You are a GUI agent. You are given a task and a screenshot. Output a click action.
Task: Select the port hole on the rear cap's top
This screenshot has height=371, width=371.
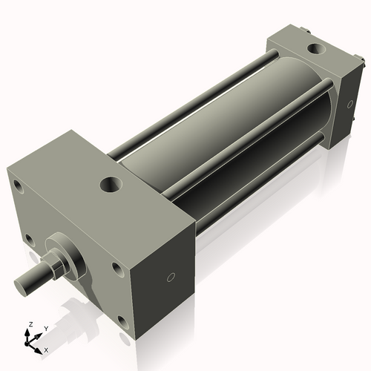pos(316,50)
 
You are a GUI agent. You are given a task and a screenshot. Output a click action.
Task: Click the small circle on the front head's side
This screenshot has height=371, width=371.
pos(171,278)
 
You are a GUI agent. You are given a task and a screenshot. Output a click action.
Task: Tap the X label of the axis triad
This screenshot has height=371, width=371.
pos(46,348)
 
